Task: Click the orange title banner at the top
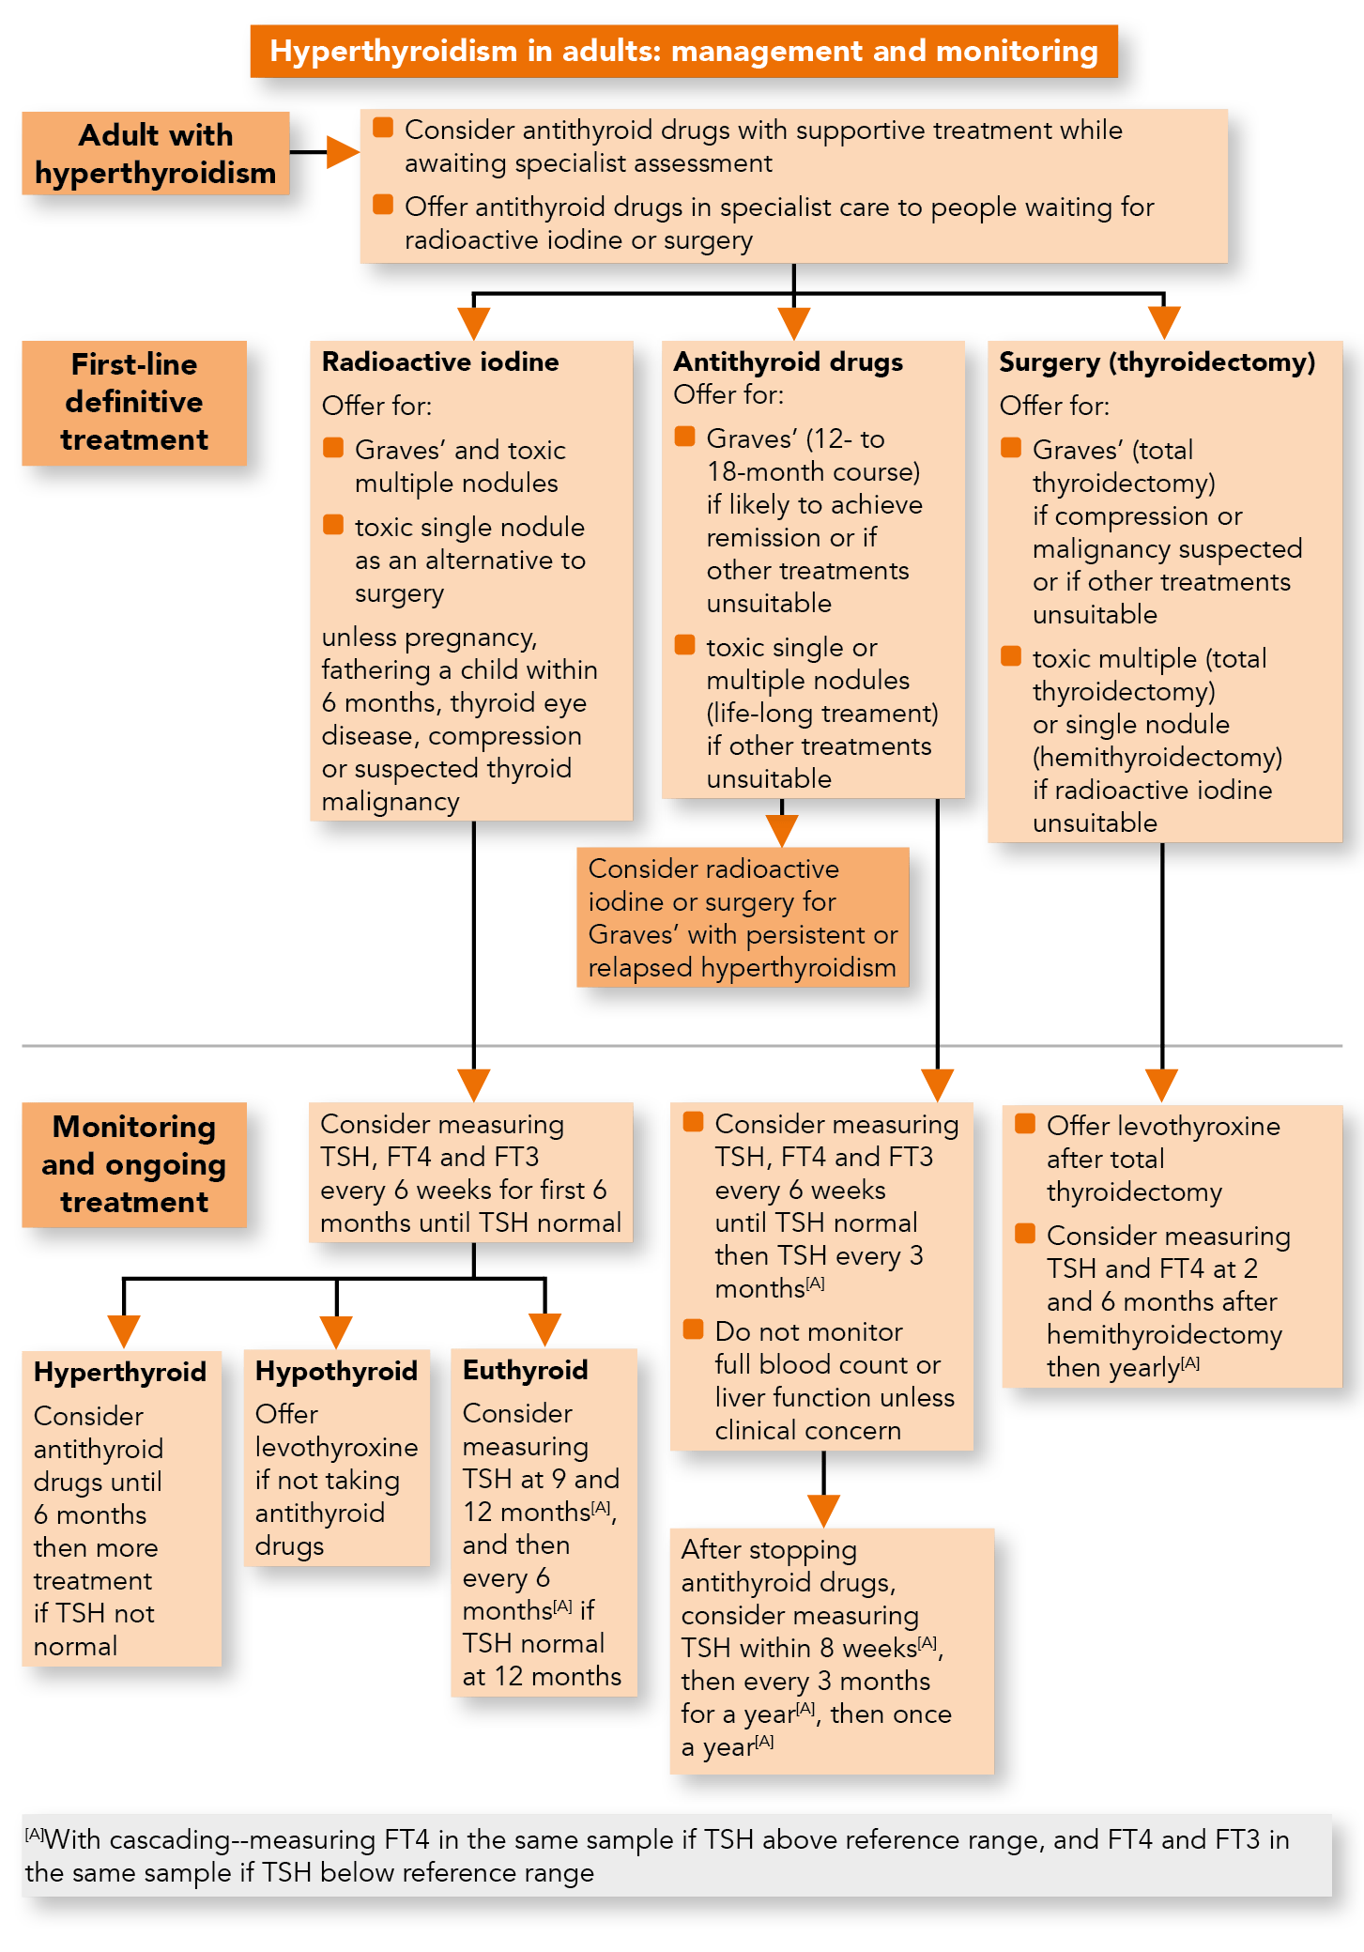[683, 51]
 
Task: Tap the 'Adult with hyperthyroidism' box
[156, 154]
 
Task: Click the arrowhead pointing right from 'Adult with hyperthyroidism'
[342, 152]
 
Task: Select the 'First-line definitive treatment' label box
[134, 403]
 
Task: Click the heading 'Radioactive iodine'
[440, 362]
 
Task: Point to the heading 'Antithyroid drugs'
[788, 362]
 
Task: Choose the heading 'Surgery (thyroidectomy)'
[1157, 362]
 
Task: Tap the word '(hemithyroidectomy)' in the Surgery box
[1157, 758]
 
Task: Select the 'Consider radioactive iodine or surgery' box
[743, 917]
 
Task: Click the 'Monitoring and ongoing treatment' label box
[134, 1164]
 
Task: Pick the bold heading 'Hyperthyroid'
[120, 1373]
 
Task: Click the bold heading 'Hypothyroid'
[336, 1372]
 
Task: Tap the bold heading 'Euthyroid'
[525, 1371]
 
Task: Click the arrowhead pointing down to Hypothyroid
[336, 1330]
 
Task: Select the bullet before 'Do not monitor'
[694, 1330]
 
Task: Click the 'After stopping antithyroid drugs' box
[831, 1650]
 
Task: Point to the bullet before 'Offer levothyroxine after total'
[1025, 1124]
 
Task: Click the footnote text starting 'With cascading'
[657, 1855]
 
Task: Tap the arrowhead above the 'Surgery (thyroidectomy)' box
[1163, 322]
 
